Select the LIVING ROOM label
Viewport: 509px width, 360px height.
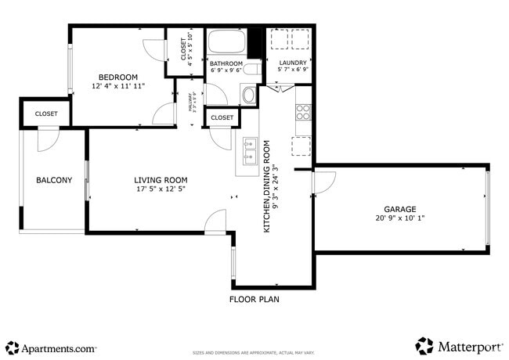click(x=161, y=180)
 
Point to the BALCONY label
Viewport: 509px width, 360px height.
click(x=54, y=181)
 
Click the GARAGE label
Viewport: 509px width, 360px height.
click(x=399, y=209)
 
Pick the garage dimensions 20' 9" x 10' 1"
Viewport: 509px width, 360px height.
click(x=399, y=218)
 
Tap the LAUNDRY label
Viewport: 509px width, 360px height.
click(x=294, y=63)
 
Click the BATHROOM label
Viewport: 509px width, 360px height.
click(x=226, y=63)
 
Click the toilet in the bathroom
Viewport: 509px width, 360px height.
click(x=251, y=70)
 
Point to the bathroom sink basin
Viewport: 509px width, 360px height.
click(x=249, y=95)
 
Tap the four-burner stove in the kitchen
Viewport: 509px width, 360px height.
click(x=303, y=112)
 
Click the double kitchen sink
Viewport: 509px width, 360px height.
click(x=250, y=151)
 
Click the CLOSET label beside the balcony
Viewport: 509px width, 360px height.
click(x=46, y=114)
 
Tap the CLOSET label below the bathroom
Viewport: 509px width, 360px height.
click(x=222, y=117)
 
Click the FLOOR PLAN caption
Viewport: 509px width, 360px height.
click(x=254, y=299)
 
